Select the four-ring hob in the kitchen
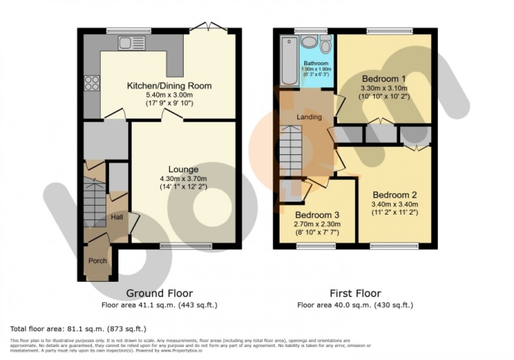click(91, 83)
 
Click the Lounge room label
click(183, 169)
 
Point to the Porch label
click(98, 260)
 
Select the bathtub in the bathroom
click(288, 60)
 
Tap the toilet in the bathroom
click(325, 46)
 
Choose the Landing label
click(309, 117)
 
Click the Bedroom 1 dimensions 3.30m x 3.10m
click(383, 88)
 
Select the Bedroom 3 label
click(317, 215)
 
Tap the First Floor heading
click(355, 293)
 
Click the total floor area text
click(78, 329)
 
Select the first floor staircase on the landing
click(292, 152)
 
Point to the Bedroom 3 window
click(316, 246)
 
